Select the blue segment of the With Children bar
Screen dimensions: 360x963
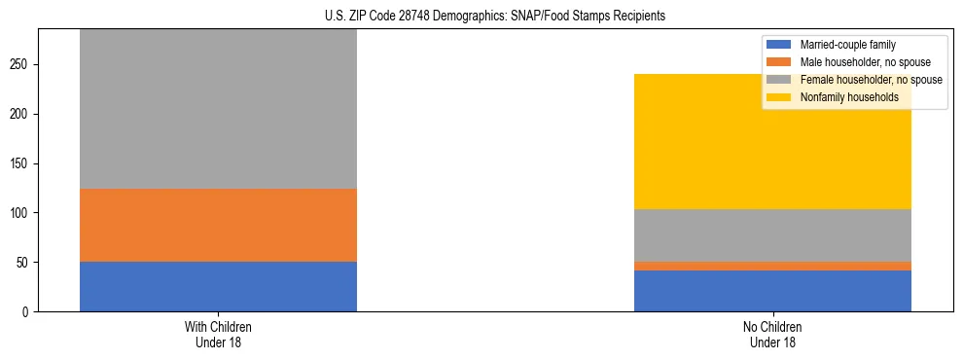(x=218, y=287)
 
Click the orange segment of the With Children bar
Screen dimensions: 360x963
(x=218, y=226)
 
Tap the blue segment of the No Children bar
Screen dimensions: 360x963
(x=772, y=291)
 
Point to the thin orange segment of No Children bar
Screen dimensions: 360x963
(x=772, y=266)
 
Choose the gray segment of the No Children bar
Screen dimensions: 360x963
(x=772, y=235)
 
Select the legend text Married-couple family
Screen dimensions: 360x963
(x=847, y=45)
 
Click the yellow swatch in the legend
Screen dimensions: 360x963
(x=779, y=97)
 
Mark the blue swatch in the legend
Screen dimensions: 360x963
(x=779, y=45)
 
